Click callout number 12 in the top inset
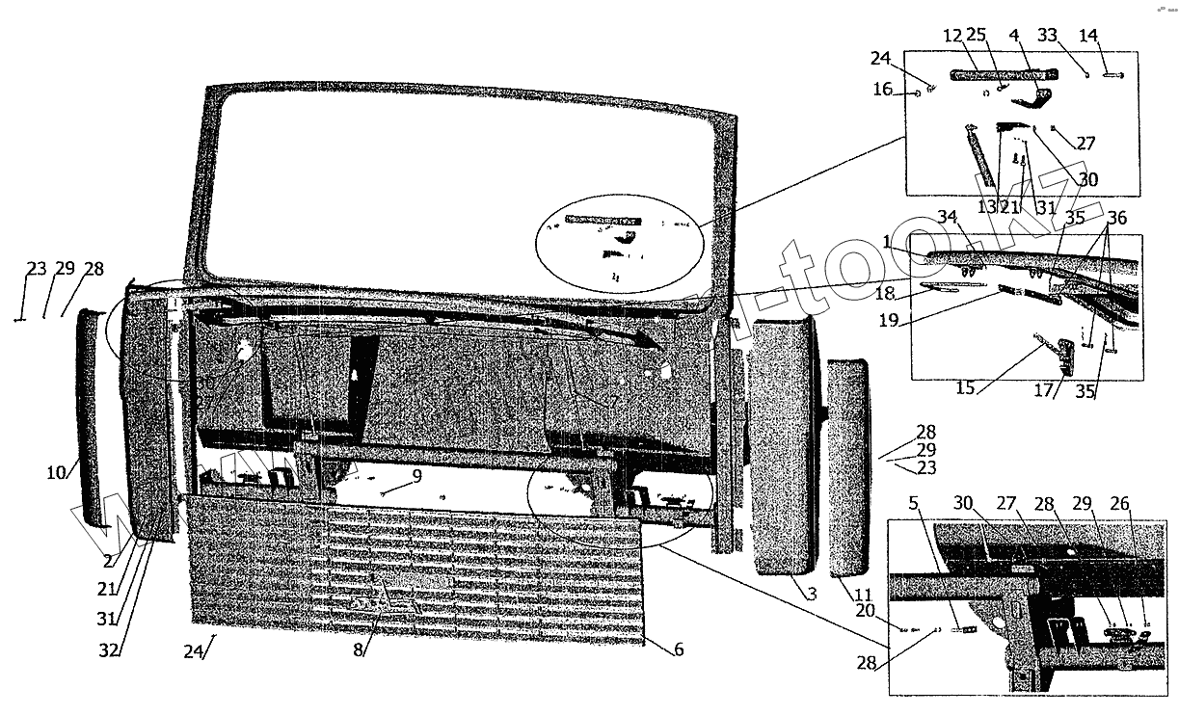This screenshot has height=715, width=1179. [952, 36]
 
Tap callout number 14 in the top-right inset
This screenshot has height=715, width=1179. [1088, 36]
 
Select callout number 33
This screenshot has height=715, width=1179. [1048, 36]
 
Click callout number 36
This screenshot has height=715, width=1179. [1117, 220]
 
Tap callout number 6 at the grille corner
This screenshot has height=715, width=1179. [679, 649]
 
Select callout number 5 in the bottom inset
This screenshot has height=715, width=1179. [912, 503]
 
